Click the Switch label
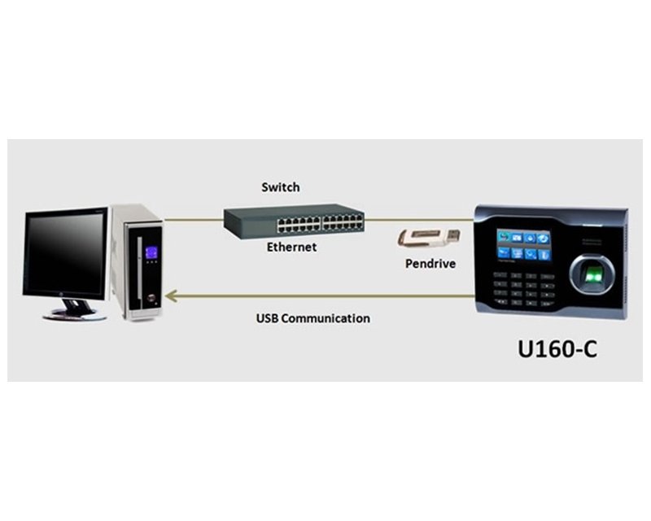280,187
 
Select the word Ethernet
291,247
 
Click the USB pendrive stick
428,238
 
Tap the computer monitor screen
66,253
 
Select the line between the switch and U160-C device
419,218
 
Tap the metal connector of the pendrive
452,234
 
